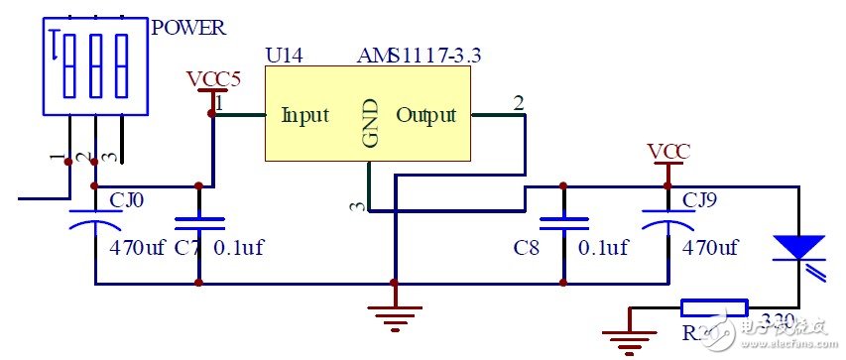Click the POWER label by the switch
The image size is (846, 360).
188,27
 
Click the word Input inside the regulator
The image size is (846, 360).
304,115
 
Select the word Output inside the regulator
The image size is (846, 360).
426,115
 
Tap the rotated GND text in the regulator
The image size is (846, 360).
371,123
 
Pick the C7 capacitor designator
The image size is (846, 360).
186,248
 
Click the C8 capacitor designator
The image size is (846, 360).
528,248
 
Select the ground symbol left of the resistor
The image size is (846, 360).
625,337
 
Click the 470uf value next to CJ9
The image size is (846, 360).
710,248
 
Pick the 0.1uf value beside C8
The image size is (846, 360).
603,248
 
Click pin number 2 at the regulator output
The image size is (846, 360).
518,102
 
